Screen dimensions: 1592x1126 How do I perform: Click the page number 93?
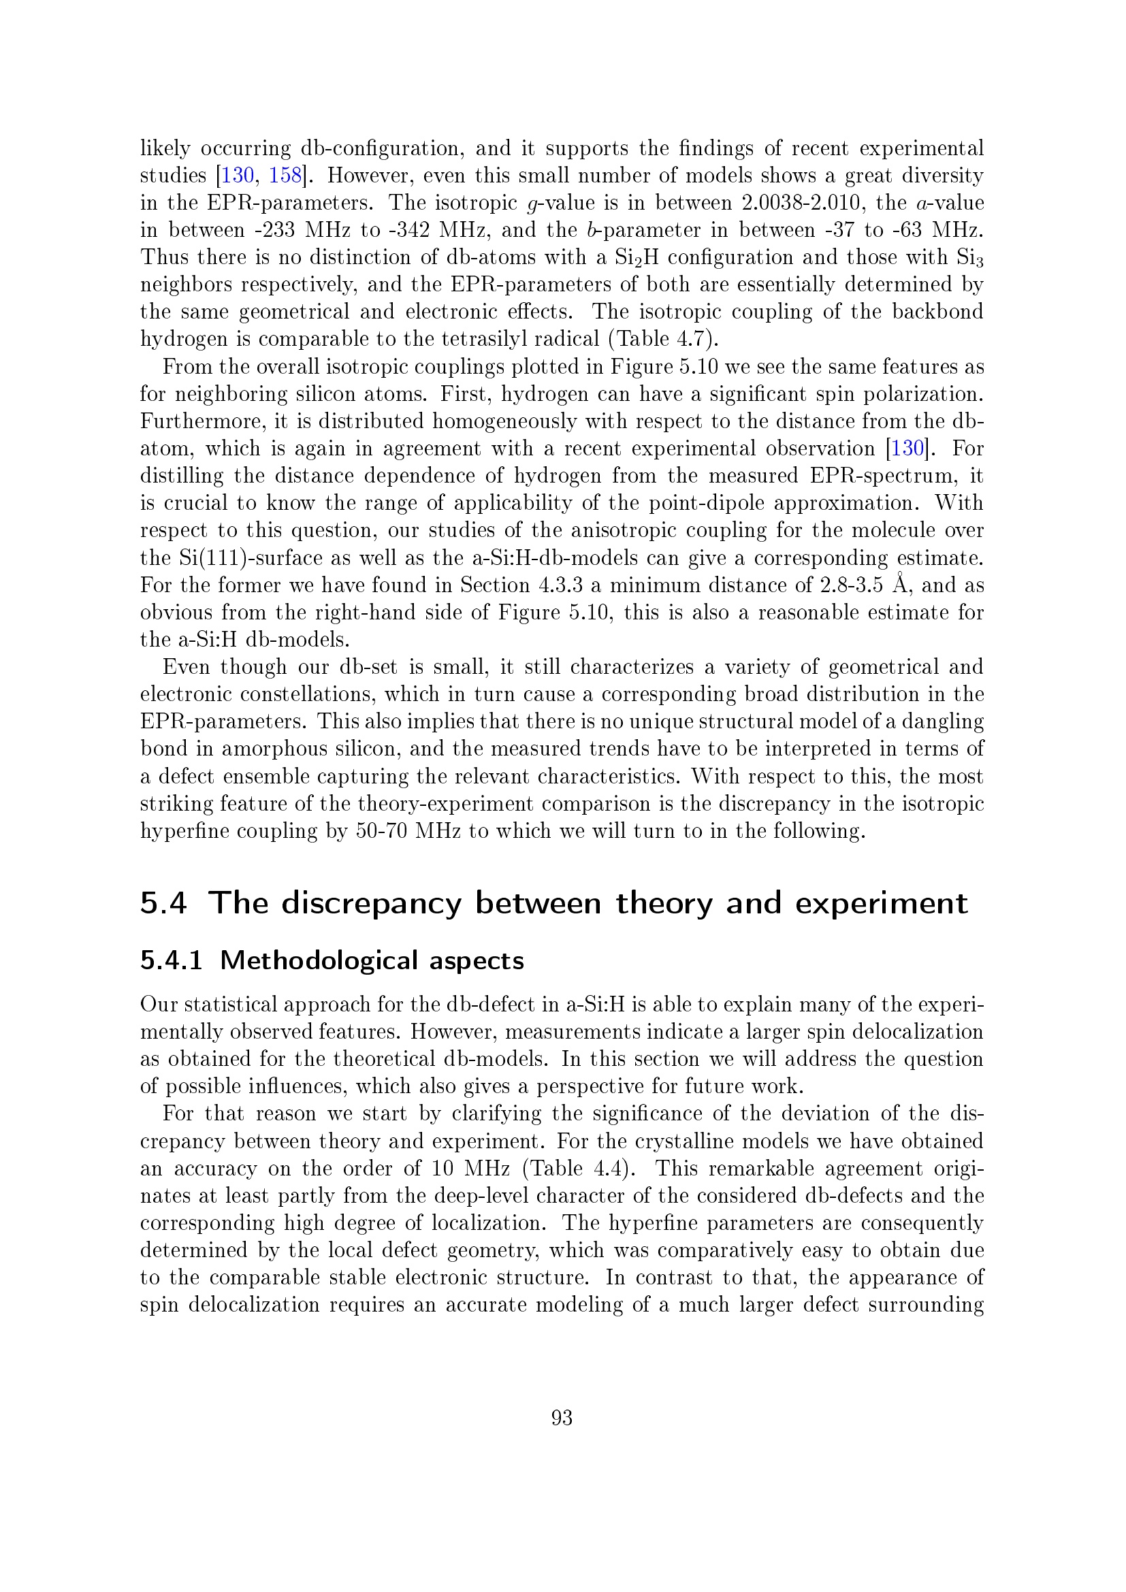pyautogui.click(x=562, y=1418)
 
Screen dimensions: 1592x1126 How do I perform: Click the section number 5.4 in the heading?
pyautogui.click(x=163, y=903)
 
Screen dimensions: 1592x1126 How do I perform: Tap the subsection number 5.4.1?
pyautogui.click(x=172, y=960)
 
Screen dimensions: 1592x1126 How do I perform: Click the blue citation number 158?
pyautogui.click(x=285, y=176)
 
